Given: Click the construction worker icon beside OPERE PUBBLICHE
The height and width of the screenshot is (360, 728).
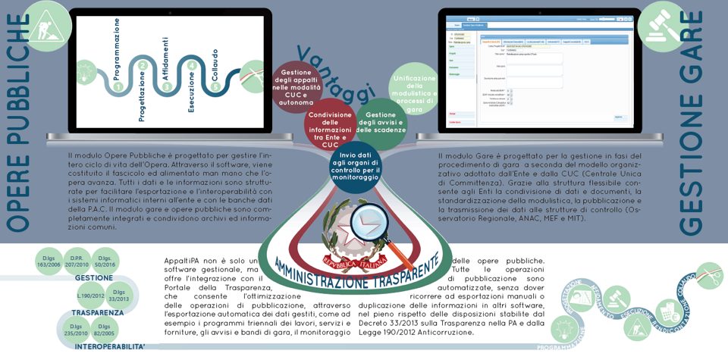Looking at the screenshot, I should (47, 25).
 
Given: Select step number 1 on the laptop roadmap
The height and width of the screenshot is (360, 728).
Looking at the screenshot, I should (118, 87).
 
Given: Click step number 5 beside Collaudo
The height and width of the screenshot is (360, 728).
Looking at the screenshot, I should (215, 86).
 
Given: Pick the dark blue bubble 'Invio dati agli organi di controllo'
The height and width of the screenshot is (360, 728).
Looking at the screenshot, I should (355, 166).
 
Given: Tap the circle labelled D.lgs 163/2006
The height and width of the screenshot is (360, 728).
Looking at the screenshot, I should (49, 261).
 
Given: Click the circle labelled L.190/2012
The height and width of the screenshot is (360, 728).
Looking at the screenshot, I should (91, 296).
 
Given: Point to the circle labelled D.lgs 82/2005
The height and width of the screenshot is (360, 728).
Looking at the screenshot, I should (104, 330).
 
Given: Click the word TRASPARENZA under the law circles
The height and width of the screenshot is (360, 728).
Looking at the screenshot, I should (97, 312).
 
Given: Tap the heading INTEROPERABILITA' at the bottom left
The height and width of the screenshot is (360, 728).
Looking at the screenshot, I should (110, 346).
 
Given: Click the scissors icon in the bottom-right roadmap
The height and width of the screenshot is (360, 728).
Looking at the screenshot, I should (710, 275).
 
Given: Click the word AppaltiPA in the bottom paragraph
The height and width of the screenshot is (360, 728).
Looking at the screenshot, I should (183, 261).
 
